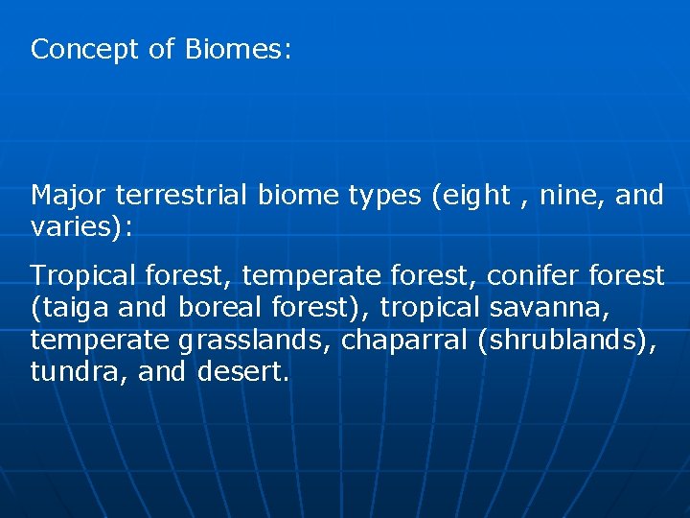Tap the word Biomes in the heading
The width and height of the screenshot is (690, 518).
[233, 50]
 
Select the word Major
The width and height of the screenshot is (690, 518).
[68, 196]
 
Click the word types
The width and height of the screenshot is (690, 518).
[384, 196]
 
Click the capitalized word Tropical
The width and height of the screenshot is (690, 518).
[83, 276]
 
